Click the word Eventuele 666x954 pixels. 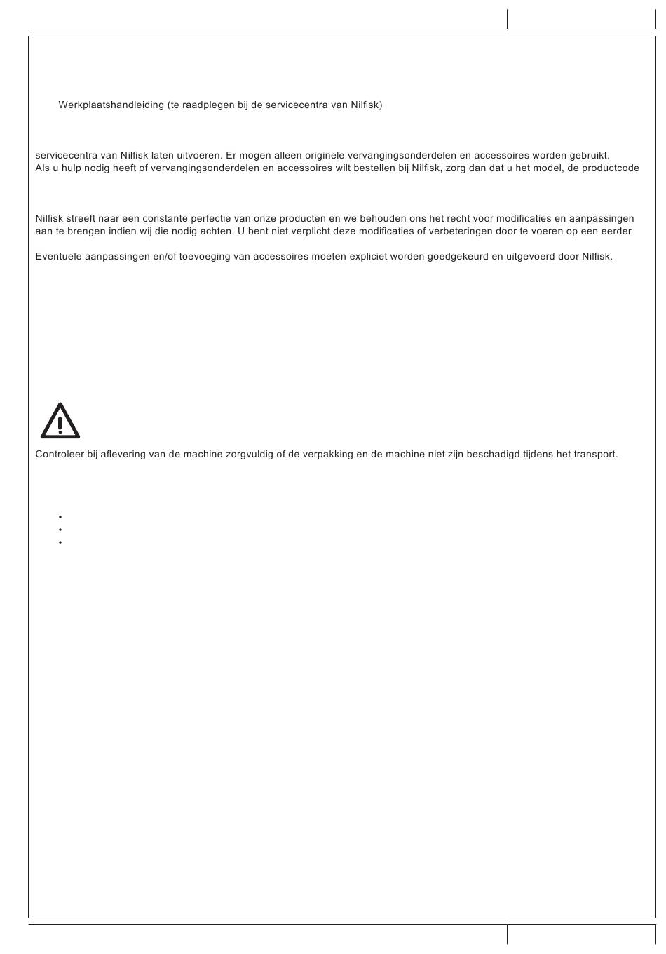(57, 257)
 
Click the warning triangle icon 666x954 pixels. (60, 422)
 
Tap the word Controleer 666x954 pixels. (59, 455)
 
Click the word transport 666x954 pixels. (595, 455)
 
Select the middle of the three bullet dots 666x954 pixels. (61, 530)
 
